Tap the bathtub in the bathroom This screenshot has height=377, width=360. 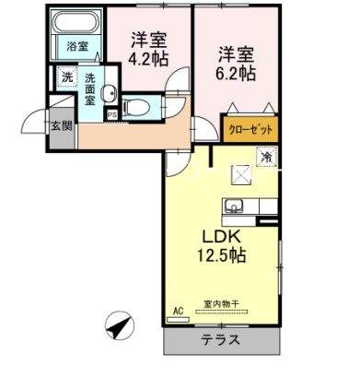pyautogui.click(x=75, y=25)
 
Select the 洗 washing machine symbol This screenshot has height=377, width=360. pyautogui.click(x=65, y=79)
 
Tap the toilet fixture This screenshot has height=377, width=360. pyautogui.click(x=136, y=104)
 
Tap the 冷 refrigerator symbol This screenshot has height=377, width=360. pyautogui.click(x=265, y=158)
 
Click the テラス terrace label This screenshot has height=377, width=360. pyautogui.click(x=221, y=340)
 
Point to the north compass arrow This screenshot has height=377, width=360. pyautogui.click(x=120, y=324)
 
